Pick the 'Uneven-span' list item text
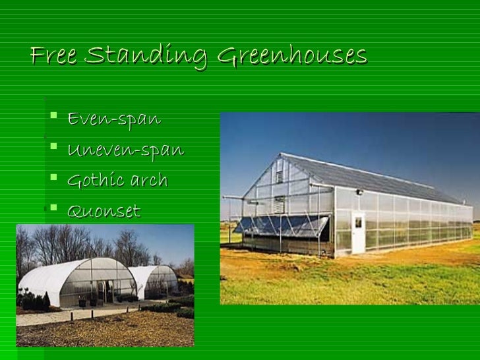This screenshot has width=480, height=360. (x=125, y=150)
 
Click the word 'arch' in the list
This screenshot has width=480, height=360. (x=148, y=181)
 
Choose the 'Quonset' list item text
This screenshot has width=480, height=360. (x=104, y=212)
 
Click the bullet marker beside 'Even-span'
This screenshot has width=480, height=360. (x=53, y=119)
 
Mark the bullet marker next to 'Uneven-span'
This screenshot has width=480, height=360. (x=53, y=150)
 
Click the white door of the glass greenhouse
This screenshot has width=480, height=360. (x=358, y=233)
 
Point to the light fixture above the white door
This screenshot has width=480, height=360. (x=359, y=192)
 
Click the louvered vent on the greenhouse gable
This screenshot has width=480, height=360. (x=279, y=176)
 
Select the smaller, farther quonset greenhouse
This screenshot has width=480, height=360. (x=155, y=282)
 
